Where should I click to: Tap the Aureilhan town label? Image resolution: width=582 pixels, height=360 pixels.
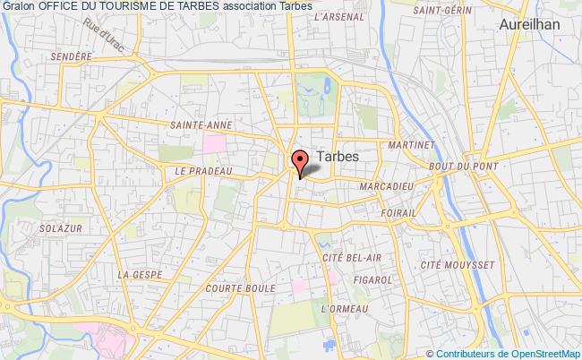[x=530, y=25]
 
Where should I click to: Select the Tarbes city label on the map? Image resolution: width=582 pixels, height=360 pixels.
[x=338, y=156]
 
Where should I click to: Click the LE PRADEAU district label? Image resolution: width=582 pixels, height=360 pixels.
[x=204, y=171]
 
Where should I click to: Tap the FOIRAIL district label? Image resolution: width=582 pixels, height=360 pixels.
[x=397, y=213]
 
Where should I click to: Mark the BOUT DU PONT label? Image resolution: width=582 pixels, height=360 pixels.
[x=458, y=166]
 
